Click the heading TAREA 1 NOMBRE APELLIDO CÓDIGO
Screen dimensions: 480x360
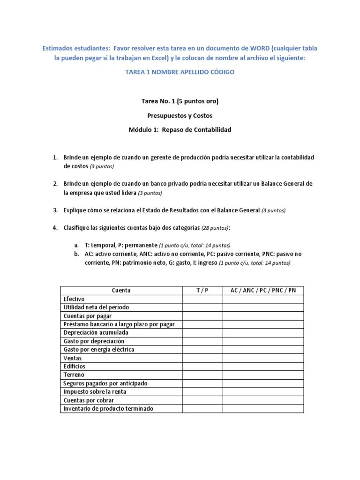pos(180,72)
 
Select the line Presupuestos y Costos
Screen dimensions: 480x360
pos(180,115)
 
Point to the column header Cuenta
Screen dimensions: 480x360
pos(121,290)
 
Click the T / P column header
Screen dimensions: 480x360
pos(202,290)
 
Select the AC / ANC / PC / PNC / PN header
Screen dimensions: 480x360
pos(263,290)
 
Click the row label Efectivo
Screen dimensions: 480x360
pos(75,299)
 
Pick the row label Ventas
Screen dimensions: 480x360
pos(72,358)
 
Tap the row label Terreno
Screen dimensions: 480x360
pos(74,375)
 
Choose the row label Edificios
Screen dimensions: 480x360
pos(75,366)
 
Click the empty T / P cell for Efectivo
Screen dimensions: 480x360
pos(202,299)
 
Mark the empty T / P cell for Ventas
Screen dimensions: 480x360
pos(202,358)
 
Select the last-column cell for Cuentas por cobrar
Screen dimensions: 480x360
pos(263,400)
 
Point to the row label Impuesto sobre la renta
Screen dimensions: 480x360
pos(95,391)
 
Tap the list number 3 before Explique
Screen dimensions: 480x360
pos(54,210)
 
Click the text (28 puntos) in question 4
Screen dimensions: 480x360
pos(215,228)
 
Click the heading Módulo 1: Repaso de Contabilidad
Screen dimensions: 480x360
pos(180,129)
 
